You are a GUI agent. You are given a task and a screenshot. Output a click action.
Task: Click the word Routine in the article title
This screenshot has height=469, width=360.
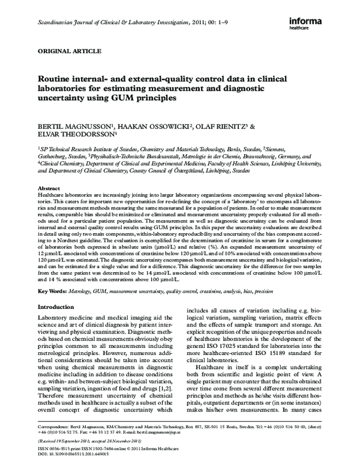56,79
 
